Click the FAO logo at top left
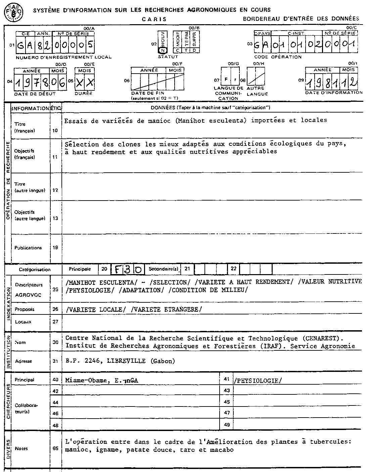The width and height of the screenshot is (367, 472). [x=13, y=12]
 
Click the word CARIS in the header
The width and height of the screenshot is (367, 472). [x=154, y=19]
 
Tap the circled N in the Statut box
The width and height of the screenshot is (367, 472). [x=163, y=50]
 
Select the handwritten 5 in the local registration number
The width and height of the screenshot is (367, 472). [x=89, y=45]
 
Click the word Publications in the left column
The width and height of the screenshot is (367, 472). [x=28, y=248]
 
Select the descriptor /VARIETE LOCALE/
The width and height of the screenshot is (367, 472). [x=96, y=309]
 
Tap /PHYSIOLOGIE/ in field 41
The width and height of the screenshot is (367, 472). [x=257, y=380]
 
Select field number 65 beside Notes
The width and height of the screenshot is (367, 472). [x=56, y=448]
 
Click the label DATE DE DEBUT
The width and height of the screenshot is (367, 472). [x=35, y=94]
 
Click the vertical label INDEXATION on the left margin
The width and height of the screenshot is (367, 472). [x=7, y=301]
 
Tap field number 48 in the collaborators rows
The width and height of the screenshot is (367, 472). [x=56, y=425]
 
